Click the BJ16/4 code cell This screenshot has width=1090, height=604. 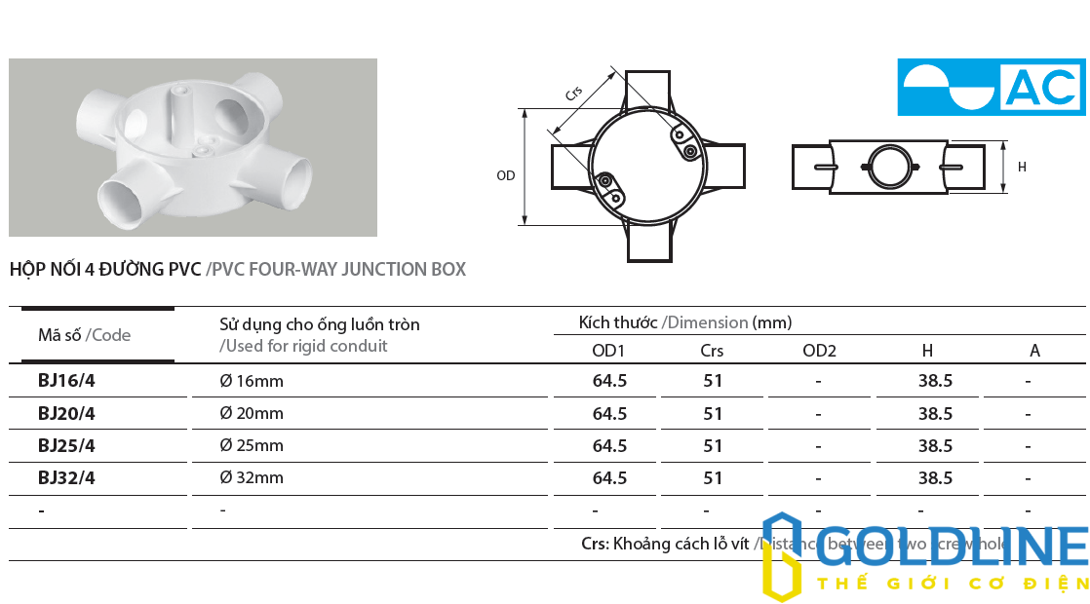(x=66, y=381)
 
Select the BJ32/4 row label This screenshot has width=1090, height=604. (x=66, y=477)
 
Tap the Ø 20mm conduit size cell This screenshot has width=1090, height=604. (x=252, y=413)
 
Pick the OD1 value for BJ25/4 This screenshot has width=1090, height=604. (x=609, y=445)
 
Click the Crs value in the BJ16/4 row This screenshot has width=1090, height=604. (x=713, y=381)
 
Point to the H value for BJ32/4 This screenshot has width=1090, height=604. (x=935, y=477)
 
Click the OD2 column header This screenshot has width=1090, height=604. (x=819, y=351)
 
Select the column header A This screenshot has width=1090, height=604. (x=1034, y=351)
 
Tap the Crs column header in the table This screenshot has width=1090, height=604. (x=713, y=351)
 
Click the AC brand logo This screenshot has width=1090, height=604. (x=992, y=87)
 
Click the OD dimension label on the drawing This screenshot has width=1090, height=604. (x=505, y=176)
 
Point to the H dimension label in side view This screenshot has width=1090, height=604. (x=1022, y=168)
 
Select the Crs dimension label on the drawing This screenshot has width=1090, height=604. (x=574, y=94)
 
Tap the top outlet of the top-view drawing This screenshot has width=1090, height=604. (x=647, y=90)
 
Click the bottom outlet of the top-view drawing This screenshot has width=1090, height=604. (x=648, y=243)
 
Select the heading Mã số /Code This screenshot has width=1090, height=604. (x=84, y=335)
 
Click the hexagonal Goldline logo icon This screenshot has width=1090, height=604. (x=782, y=556)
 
